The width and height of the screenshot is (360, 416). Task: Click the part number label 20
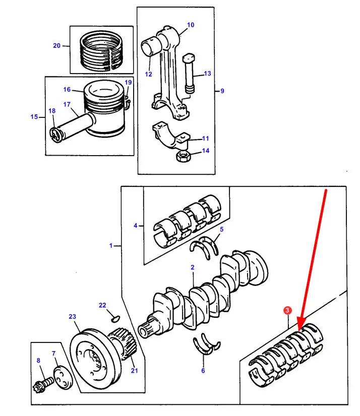56,46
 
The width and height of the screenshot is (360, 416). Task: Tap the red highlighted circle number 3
287,312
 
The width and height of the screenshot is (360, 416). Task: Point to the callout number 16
67,90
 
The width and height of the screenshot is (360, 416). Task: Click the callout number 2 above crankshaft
193,267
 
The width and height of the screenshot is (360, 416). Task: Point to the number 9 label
222,91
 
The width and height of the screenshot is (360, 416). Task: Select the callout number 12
148,74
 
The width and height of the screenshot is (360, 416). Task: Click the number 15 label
34,117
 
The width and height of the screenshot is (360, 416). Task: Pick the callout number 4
135,226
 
